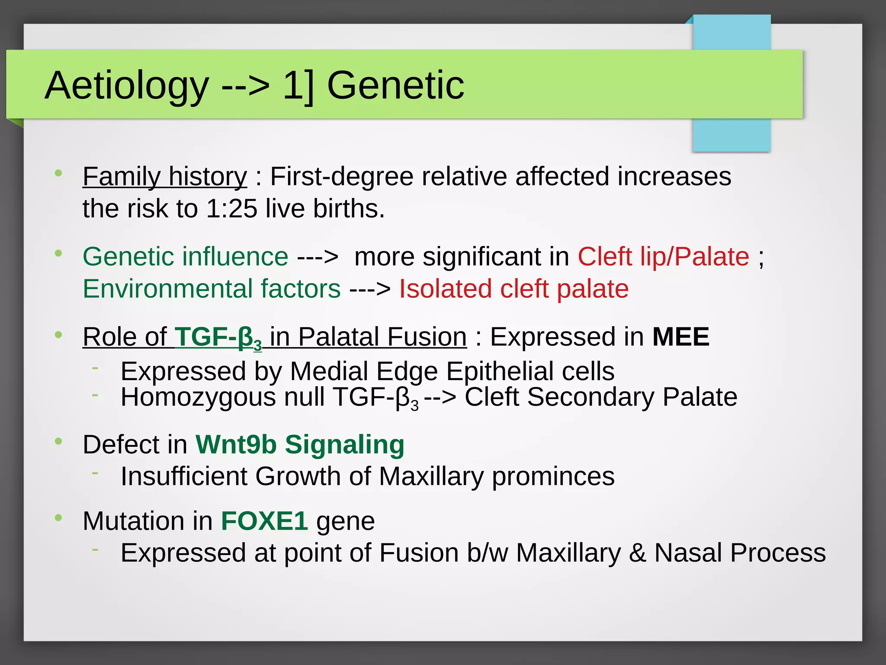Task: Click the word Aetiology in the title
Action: [127, 86]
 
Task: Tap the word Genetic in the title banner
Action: [395, 85]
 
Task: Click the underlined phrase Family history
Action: [164, 177]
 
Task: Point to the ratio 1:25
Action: [231, 209]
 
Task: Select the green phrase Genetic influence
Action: [185, 257]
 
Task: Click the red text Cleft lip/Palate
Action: [663, 257]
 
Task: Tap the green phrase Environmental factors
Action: [212, 289]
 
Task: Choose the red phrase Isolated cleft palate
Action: [514, 289]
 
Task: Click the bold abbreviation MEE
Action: [681, 337]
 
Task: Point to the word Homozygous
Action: [198, 397]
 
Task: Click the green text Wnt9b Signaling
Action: [300, 445]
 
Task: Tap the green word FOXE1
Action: [264, 521]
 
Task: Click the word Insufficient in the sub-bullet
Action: [184, 477]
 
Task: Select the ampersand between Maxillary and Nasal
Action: [636, 553]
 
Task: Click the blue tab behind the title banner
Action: [731, 134]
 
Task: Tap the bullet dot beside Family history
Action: [58, 173]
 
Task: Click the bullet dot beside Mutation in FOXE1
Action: [58, 517]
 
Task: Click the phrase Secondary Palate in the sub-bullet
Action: [632, 397]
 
